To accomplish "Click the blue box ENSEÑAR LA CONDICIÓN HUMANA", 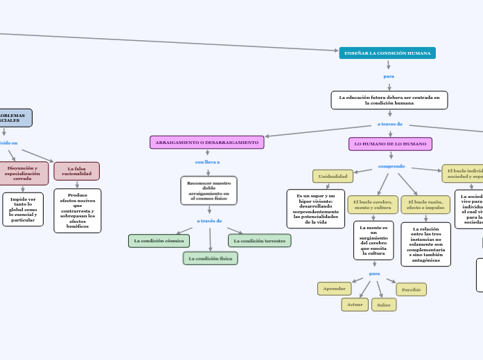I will click(x=387, y=53).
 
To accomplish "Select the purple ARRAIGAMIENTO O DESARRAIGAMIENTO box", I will click(x=207, y=142).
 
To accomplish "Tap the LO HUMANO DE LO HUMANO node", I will click(x=391, y=143).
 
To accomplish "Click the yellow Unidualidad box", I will click(x=333, y=177).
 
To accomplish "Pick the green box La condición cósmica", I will click(x=159, y=241).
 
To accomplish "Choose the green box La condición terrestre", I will click(x=259, y=241).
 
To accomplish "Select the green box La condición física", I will click(x=211, y=258).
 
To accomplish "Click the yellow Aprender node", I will click(x=334, y=289).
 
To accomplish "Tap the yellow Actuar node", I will click(x=355, y=305).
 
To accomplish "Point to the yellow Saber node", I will click(x=384, y=305).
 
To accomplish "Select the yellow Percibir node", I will click(x=411, y=289).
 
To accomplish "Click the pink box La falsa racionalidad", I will click(x=77, y=171).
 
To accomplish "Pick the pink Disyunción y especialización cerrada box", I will click(x=23, y=173).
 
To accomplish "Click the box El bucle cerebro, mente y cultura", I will click(x=373, y=204).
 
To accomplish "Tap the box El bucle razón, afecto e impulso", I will click(x=425, y=204).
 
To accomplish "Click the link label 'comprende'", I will click(x=392, y=166).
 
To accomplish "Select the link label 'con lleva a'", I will click(x=208, y=162).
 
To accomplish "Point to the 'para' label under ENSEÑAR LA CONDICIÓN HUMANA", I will click(x=389, y=75).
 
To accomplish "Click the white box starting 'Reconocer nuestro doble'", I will click(x=209, y=190).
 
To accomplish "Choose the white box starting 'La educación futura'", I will click(x=389, y=100).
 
